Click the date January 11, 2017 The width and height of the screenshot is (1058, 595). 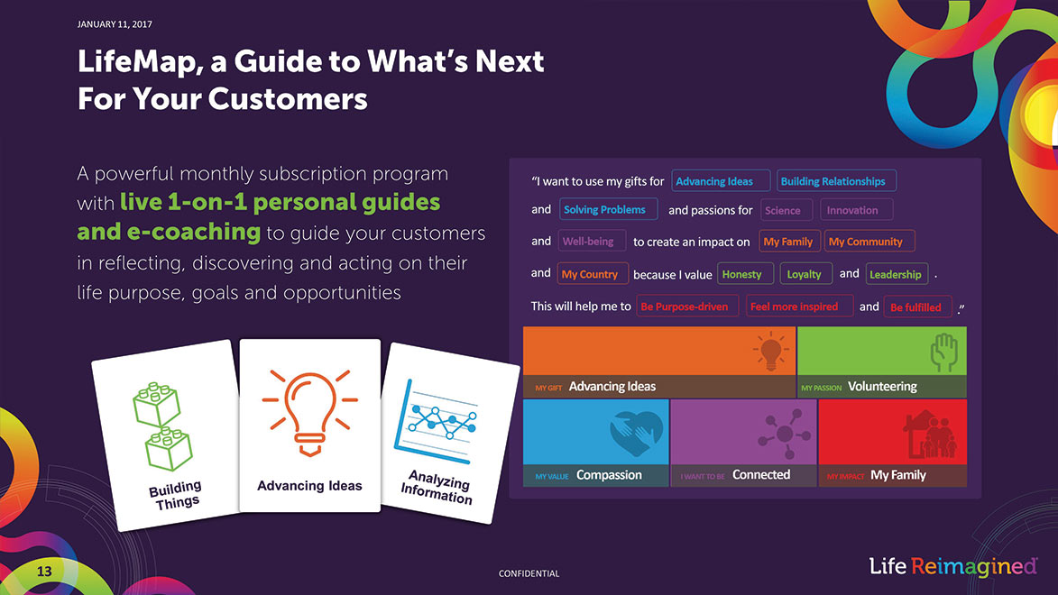[115, 24]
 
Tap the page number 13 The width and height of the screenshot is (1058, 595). [44, 572]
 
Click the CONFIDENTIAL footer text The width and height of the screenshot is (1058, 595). [529, 573]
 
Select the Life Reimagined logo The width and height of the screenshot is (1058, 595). [952, 567]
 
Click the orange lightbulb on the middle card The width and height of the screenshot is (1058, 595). [309, 412]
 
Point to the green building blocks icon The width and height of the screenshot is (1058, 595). [162, 426]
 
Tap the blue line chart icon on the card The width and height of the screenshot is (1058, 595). [437, 422]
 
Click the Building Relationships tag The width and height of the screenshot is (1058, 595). [836, 181]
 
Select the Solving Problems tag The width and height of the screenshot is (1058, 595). [608, 209]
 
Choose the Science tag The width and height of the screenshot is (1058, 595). [787, 210]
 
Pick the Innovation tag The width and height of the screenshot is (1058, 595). [856, 210]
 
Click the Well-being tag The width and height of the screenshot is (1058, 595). [592, 241]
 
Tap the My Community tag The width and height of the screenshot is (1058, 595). [869, 241]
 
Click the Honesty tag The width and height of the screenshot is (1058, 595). [745, 274]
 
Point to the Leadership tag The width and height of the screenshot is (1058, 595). [897, 274]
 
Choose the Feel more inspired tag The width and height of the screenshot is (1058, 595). [799, 307]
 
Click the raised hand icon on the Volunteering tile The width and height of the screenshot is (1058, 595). [944, 352]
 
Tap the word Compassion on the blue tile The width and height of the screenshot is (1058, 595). [609, 475]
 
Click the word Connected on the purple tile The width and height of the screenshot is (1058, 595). [761, 475]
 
